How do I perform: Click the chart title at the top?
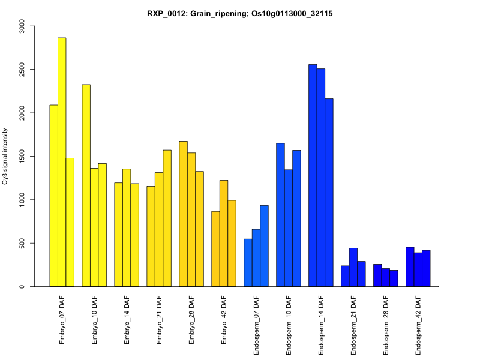[240, 13]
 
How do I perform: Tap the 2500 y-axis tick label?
[22, 70]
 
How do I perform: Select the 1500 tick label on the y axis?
[22, 156]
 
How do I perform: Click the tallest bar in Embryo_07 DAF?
[62, 162]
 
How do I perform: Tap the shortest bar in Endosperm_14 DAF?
[329, 193]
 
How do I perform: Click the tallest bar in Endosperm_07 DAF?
[264, 246]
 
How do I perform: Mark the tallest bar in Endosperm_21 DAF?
[353, 267]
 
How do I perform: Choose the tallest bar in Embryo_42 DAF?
[223, 233]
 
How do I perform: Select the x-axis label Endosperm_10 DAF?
[289, 323]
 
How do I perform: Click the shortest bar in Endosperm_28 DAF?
[394, 278]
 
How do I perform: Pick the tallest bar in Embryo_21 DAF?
[167, 218]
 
